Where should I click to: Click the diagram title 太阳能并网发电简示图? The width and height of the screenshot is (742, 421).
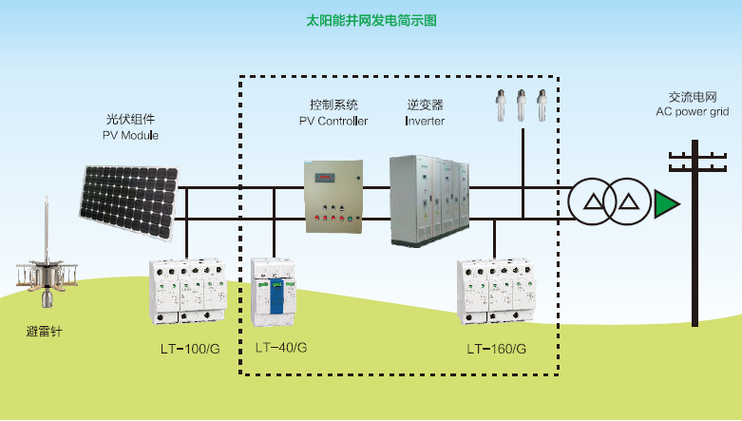click(371, 19)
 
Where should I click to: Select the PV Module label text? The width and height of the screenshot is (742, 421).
click(130, 136)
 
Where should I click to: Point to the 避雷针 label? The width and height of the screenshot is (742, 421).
click(45, 333)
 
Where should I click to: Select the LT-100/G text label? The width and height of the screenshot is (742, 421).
click(190, 349)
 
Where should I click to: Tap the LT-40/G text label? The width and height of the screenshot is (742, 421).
click(281, 348)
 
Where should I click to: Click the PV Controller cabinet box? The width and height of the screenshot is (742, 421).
click(333, 197)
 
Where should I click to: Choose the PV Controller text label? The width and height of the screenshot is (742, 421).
click(333, 121)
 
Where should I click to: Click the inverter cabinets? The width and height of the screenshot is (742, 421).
click(429, 200)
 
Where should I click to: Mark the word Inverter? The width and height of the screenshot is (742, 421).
click(425, 121)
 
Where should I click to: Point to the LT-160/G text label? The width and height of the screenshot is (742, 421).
click(496, 349)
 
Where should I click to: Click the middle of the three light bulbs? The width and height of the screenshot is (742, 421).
click(521, 104)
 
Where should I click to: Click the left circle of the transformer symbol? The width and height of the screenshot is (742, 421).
click(593, 201)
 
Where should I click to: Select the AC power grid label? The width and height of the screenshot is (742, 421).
click(692, 111)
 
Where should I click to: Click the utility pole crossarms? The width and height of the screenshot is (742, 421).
click(694, 162)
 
